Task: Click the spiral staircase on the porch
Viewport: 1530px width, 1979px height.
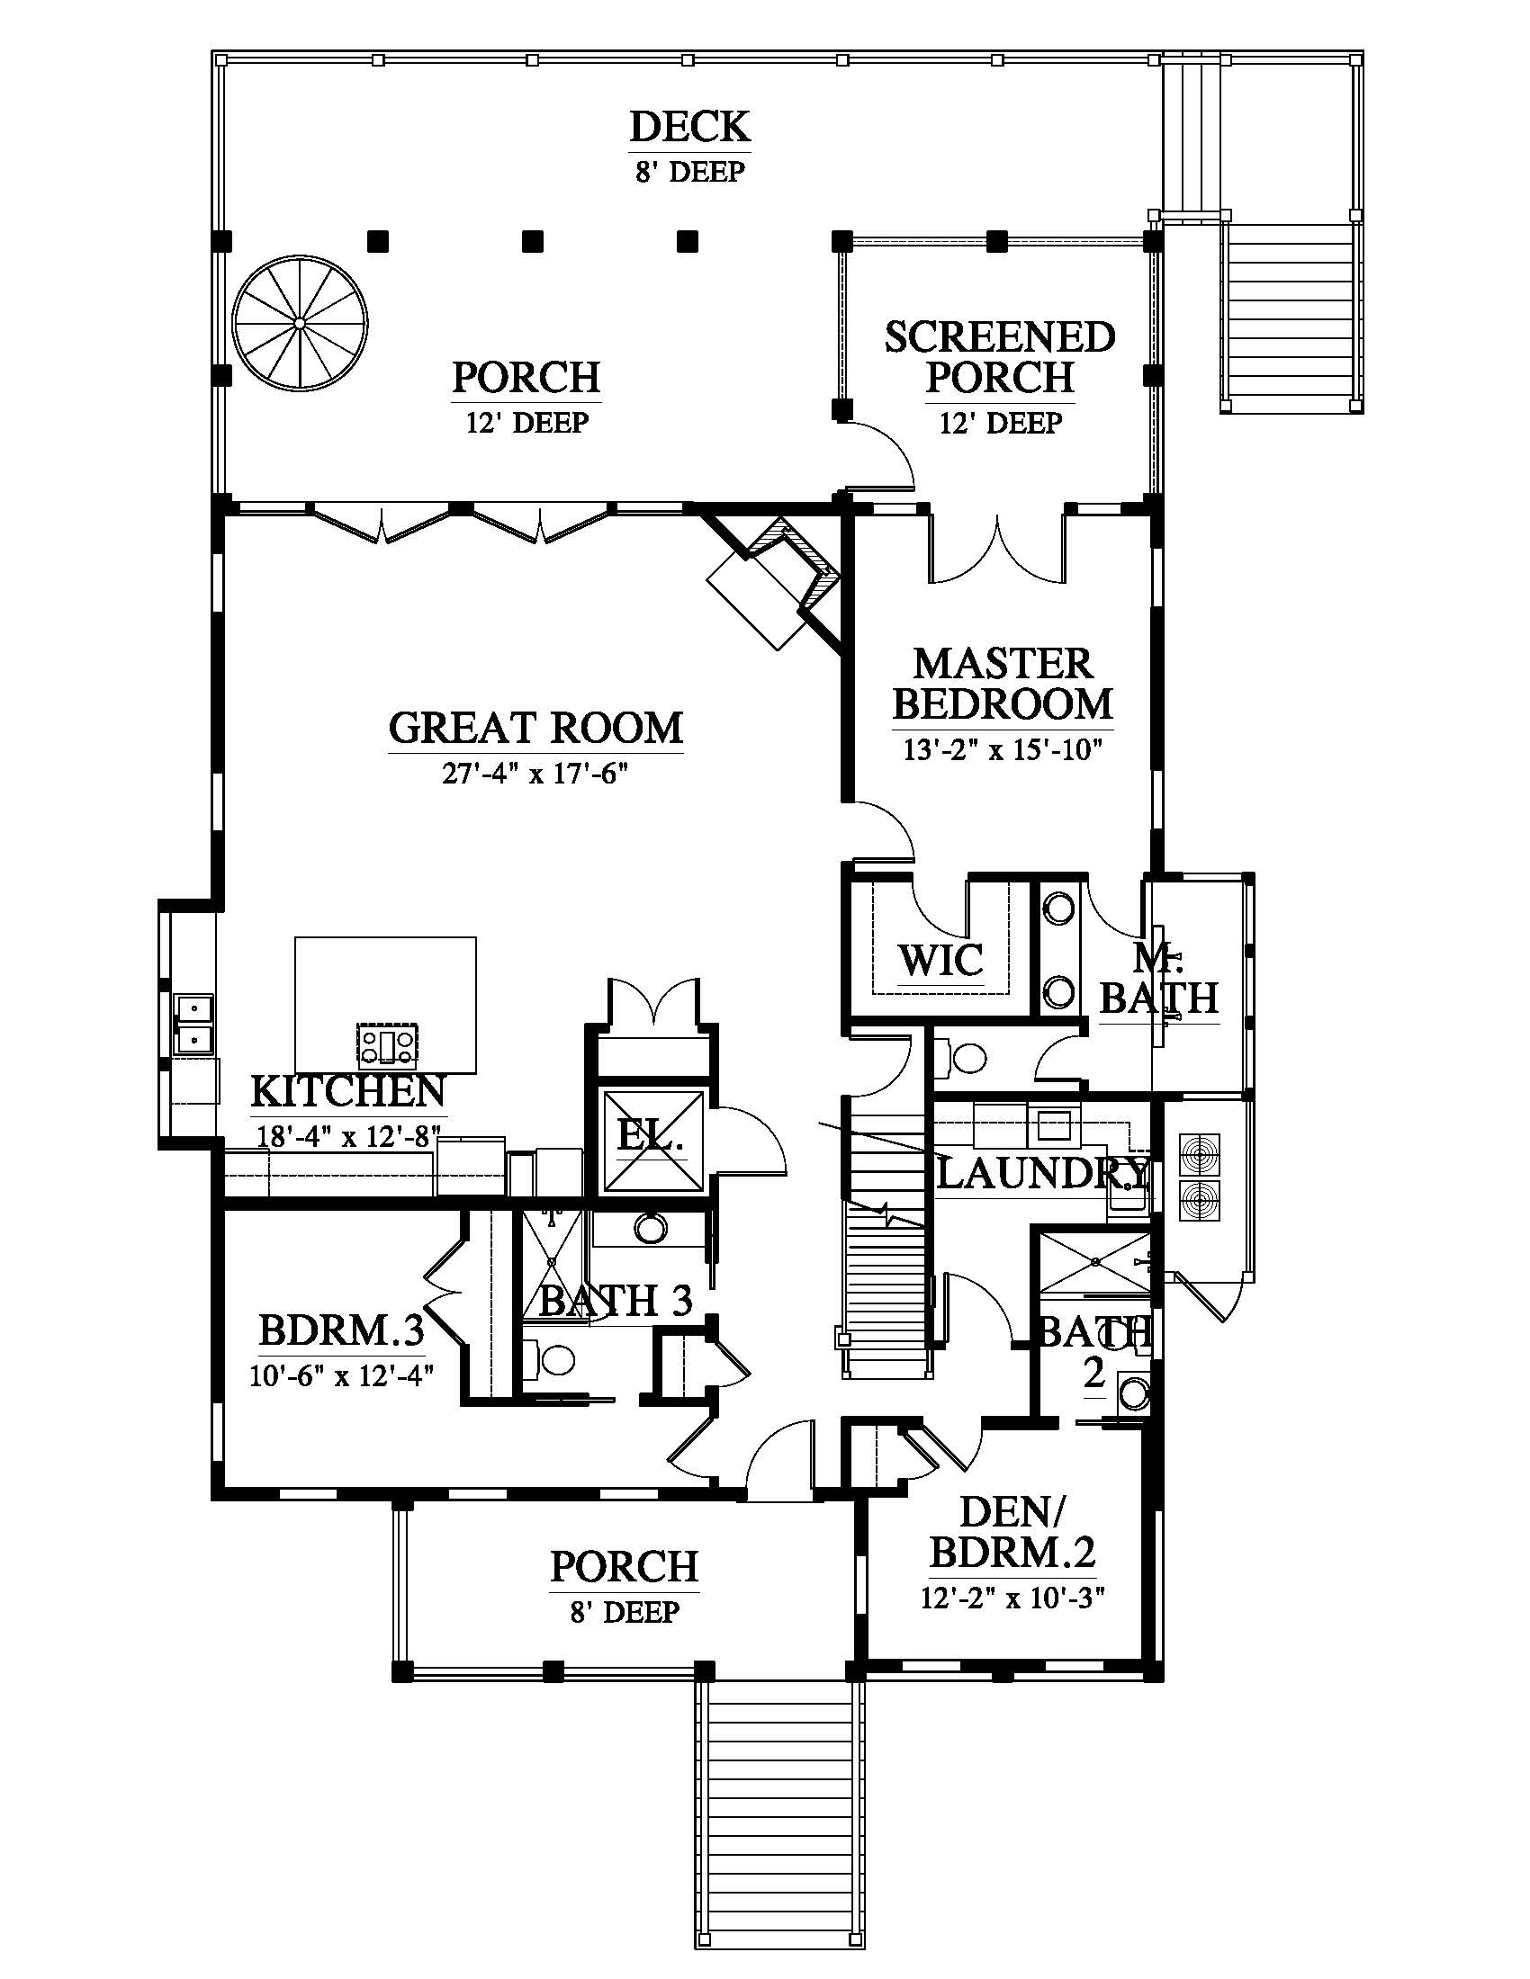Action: pyautogui.click(x=300, y=324)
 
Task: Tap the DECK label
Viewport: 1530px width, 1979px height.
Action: pyautogui.click(x=690, y=127)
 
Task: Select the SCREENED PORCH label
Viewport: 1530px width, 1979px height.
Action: pyautogui.click(x=1000, y=357)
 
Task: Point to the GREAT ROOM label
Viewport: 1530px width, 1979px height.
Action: pyautogui.click(x=535, y=728)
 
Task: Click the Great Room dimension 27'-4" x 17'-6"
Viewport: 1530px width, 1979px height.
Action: pyautogui.click(x=535, y=774)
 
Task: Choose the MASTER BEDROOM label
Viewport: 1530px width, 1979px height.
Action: pyautogui.click(x=1003, y=684)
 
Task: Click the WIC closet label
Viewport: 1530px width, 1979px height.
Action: pyautogui.click(x=940, y=960)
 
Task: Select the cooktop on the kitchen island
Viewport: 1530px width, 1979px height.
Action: pyautogui.click(x=388, y=1043)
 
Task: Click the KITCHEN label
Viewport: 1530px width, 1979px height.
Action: pyautogui.click(x=348, y=1092)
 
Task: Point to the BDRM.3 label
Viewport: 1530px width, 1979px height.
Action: pyautogui.click(x=341, y=1331)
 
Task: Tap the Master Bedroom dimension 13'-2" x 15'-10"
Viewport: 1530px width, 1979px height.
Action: pyautogui.click(x=1003, y=750)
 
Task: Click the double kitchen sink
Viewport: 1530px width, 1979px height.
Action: pyautogui.click(x=195, y=1023)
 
